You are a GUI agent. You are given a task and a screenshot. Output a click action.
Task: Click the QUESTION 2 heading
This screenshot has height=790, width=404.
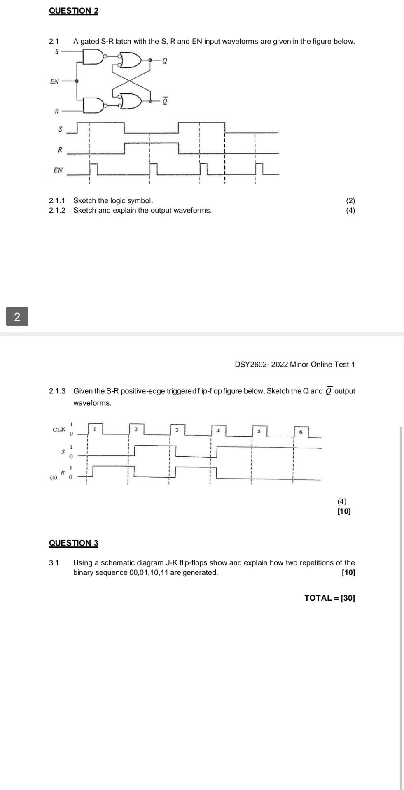click(73, 11)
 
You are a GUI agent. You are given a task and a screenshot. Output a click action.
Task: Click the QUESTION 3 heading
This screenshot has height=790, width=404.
click(73, 543)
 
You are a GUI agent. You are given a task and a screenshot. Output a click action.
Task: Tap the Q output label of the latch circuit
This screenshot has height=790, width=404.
click(165, 61)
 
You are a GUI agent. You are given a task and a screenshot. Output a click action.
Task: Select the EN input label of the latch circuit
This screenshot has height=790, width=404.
click(54, 81)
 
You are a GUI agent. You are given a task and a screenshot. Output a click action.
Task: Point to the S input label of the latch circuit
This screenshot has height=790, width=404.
click(57, 51)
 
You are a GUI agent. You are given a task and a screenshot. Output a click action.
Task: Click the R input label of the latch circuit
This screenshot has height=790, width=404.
click(57, 111)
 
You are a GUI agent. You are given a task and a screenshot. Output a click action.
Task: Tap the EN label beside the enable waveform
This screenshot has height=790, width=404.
click(58, 170)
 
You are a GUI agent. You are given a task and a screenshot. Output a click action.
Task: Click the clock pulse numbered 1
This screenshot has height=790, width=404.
click(95, 429)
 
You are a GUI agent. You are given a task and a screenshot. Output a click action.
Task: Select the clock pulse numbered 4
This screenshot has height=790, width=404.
click(218, 430)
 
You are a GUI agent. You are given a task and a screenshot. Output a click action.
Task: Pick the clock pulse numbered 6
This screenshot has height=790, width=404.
click(301, 432)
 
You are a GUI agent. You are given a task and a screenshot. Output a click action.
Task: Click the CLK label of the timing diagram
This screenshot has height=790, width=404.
click(59, 429)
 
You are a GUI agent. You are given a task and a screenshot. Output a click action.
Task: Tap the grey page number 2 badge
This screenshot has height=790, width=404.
click(17, 316)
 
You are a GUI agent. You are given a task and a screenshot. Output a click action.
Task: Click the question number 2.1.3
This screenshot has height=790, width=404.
click(57, 391)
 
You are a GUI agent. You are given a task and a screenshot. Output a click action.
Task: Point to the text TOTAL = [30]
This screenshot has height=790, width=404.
click(329, 598)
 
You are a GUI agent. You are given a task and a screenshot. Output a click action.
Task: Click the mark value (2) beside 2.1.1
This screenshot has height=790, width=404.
click(350, 201)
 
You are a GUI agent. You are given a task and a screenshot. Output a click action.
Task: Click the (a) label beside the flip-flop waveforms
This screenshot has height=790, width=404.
click(53, 477)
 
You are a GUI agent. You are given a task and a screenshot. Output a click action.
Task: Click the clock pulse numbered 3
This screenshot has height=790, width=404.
click(177, 430)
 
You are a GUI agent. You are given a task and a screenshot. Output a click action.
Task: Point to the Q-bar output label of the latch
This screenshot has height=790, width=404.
click(165, 100)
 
